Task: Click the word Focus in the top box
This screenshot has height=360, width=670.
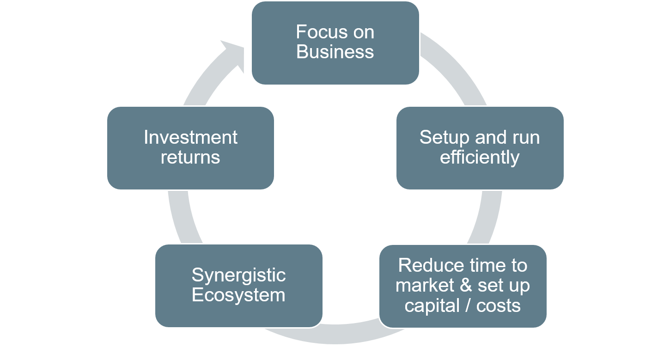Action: tap(322, 32)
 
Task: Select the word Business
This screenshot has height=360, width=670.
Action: tap(335, 52)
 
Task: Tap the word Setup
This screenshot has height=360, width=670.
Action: tap(445, 138)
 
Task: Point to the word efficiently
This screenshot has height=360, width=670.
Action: tap(480, 158)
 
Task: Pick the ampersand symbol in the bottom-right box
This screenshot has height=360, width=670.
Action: tap(466, 285)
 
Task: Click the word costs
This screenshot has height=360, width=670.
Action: tap(498, 306)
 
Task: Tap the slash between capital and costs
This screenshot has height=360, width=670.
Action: tap(468, 305)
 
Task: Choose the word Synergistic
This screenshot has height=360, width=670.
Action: tap(239, 275)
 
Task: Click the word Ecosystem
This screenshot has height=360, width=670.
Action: tap(238, 295)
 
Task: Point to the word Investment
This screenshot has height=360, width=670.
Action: tap(190, 138)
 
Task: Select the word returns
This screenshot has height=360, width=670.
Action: tap(190, 158)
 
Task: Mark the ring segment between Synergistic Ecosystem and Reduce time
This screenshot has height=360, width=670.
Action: tap(335, 334)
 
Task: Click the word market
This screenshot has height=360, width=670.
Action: tap(425, 285)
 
